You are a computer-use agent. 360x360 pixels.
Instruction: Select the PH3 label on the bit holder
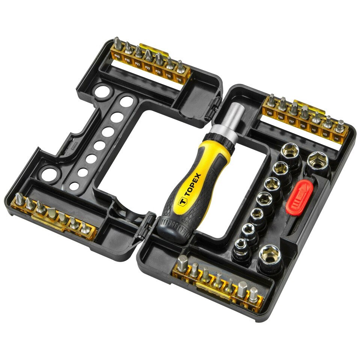(x=117, y=57)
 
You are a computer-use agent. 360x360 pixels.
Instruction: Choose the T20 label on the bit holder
(x=269, y=112)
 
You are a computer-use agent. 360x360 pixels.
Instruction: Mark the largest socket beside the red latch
(x=317, y=162)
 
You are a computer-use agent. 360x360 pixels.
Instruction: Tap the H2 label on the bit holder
(x=314, y=130)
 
